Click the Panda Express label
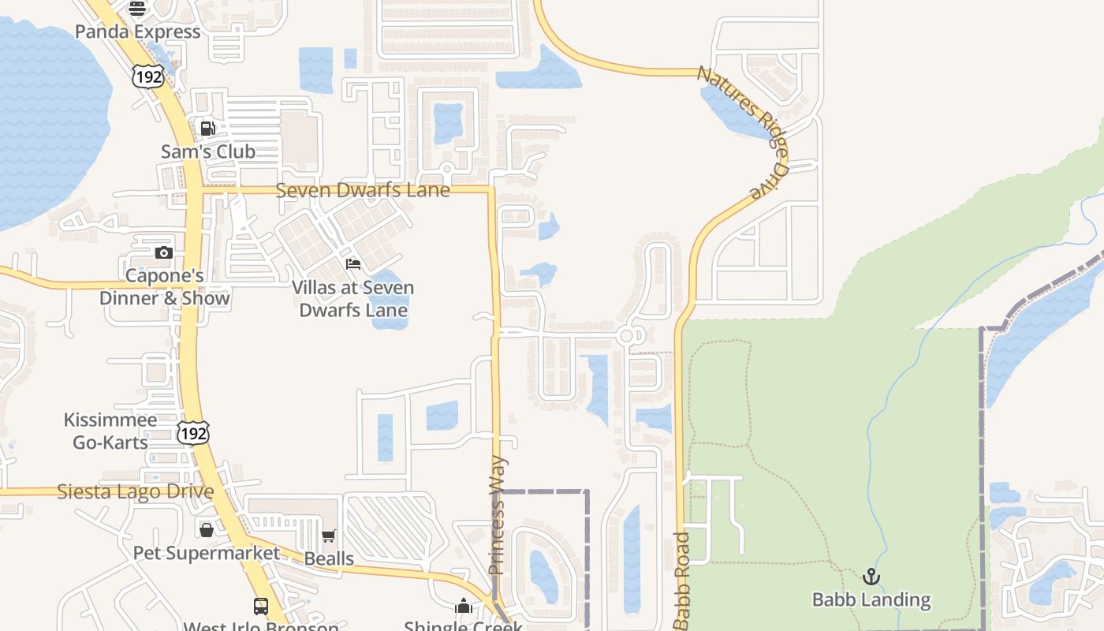pos(138,32)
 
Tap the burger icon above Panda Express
pos(137,9)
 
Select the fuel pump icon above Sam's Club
pos(208,129)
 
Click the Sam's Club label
pos(208,151)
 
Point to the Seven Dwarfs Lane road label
pos(363,190)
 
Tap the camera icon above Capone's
pos(164,252)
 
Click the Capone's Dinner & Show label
pos(165,287)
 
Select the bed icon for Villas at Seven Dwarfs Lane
pos(353,263)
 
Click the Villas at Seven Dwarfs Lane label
pos(353,299)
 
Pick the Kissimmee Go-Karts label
pos(110,431)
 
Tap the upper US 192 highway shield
pos(147,77)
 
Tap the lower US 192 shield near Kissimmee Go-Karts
pos(193,432)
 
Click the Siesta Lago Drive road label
pos(136,491)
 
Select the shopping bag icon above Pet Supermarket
pos(207,529)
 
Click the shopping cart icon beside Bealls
pos(329,536)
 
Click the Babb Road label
pos(683,580)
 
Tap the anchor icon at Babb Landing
pos(871,577)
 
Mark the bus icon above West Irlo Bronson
pos(261,607)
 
